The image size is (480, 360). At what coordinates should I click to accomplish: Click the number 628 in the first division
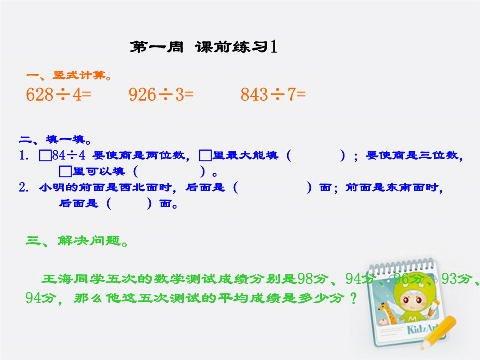(x=40, y=94)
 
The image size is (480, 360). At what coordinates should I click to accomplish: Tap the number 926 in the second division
(x=142, y=94)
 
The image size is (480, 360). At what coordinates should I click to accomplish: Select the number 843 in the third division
(x=254, y=94)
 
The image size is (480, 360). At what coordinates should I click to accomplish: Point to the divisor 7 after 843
(x=292, y=94)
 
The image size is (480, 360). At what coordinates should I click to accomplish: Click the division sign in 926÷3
(x=166, y=94)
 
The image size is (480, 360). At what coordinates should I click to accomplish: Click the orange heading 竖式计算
(x=79, y=75)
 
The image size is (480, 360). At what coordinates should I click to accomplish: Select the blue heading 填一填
(x=65, y=140)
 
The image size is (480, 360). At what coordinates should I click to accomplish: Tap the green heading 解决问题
(x=89, y=240)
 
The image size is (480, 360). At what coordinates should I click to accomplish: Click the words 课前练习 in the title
(x=232, y=47)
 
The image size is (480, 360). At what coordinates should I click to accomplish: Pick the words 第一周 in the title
(x=156, y=47)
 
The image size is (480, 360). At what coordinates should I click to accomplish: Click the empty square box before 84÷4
(x=45, y=155)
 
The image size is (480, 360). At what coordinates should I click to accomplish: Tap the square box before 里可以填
(x=65, y=172)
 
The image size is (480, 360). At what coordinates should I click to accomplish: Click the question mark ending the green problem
(x=354, y=298)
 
